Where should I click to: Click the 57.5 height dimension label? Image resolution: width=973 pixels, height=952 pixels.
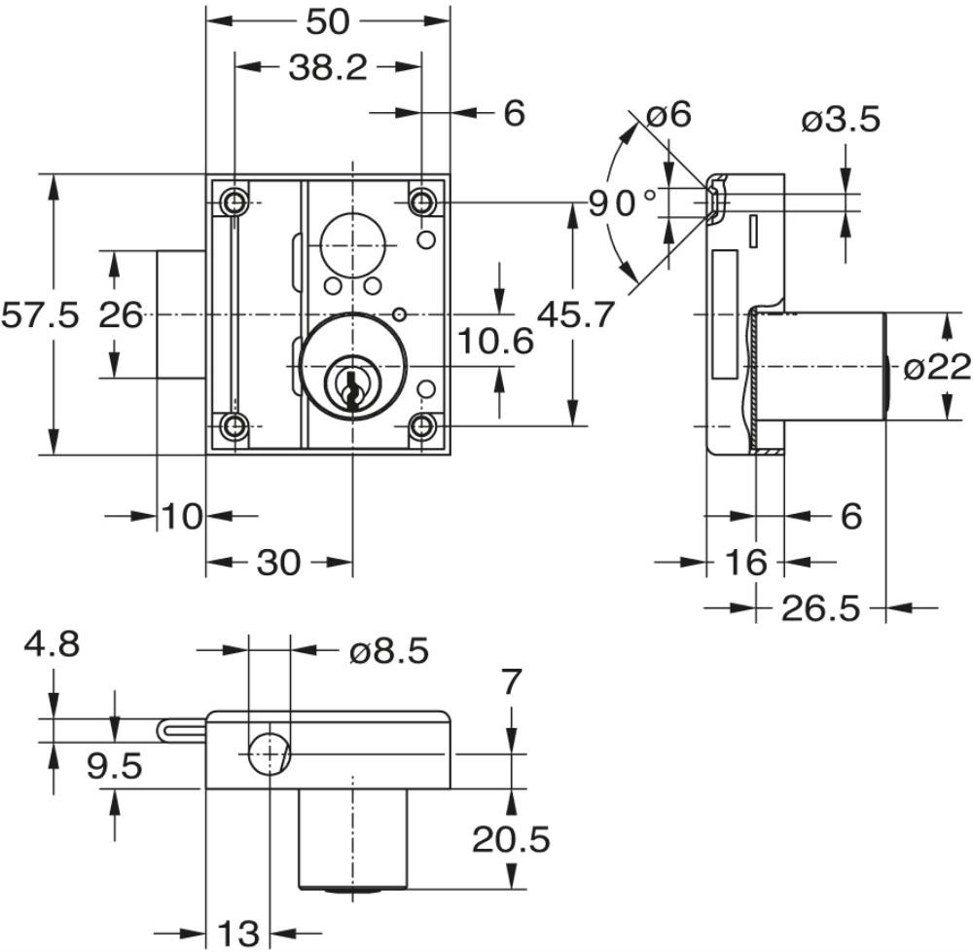pyautogui.click(x=40, y=315)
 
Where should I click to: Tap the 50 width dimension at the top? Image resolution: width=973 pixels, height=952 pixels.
pyautogui.click(x=328, y=20)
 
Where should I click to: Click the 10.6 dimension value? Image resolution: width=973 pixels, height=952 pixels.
pyautogui.click(x=496, y=341)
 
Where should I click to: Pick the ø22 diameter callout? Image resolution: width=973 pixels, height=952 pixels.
pyautogui.click(x=937, y=366)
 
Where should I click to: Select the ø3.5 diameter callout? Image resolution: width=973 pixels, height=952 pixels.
pyautogui.click(x=841, y=120)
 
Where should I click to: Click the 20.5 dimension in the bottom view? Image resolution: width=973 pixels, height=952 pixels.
pyautogui.click(x=511, y=838)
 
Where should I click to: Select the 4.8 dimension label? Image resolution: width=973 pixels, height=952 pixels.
pyautogui.click(x=54, y=644)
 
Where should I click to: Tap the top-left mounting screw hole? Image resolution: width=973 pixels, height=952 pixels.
pyautogui.click(x=234, y=201)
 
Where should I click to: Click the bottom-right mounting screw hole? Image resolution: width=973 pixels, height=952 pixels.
pyautogui.click(x=421, y=426)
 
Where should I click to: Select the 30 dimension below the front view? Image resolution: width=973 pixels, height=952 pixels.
pyautogui.click(x=278, y=562)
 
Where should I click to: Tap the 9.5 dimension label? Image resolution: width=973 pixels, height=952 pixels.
pyautogui.click(x=115, y=766)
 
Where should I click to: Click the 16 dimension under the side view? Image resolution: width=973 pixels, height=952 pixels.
pyautogui.click(x=745, y=562)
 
